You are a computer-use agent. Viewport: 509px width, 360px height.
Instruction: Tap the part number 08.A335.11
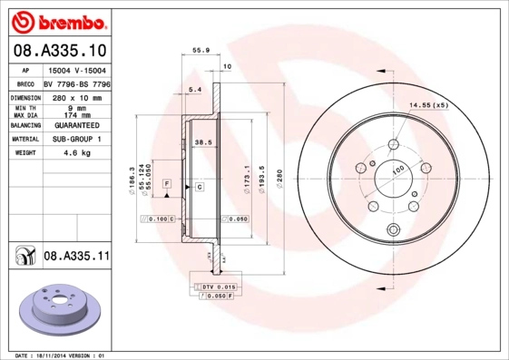click(76, 257)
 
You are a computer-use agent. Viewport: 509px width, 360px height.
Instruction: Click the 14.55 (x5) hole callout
click(429, 106)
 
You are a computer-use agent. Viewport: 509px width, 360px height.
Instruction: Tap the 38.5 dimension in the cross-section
click(203, 141)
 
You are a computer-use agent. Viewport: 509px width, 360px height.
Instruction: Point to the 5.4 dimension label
click(194, 89)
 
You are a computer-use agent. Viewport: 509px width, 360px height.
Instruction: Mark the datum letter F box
click(167, 183)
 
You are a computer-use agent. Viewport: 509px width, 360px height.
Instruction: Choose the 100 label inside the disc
click(397, 170)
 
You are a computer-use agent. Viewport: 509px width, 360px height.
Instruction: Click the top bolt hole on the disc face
click(393, 145)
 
